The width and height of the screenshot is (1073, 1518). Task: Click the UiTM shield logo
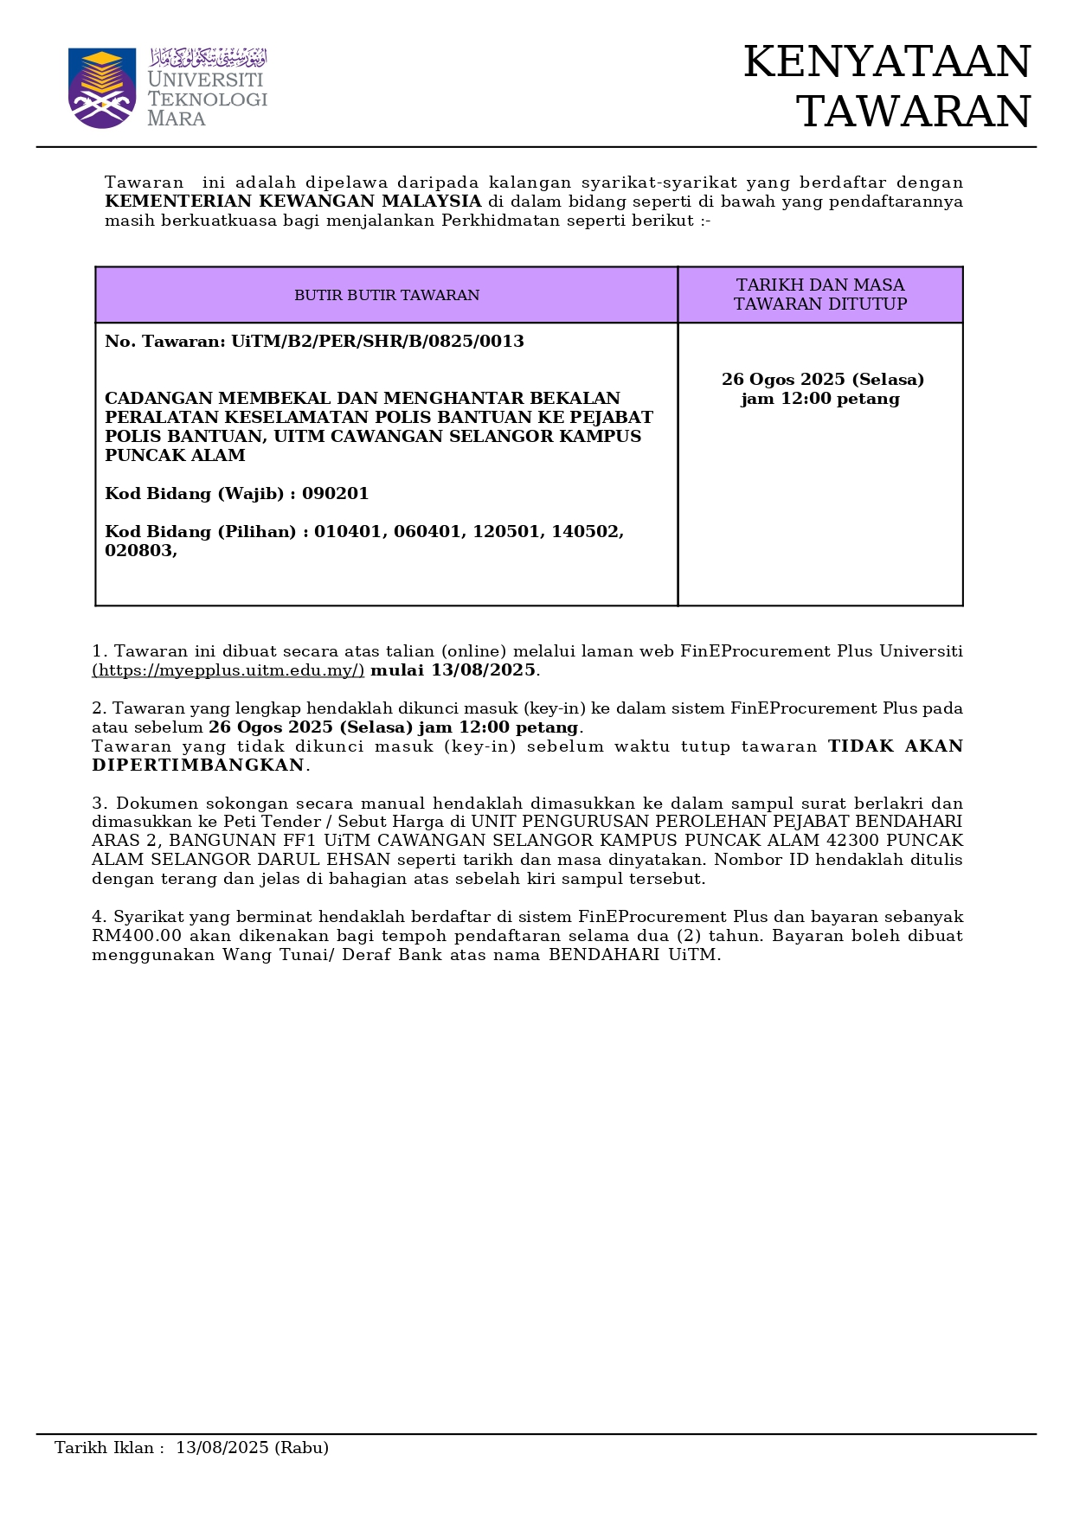102,88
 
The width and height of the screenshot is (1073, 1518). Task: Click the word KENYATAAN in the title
887,62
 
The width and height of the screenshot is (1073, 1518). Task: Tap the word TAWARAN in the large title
913,112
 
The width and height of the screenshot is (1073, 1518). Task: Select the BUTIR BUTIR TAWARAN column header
387,295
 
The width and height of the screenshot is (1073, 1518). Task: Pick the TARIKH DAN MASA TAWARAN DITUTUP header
820,294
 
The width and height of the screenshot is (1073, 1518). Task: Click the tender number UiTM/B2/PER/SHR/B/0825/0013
377,342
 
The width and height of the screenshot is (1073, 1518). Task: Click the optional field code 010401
348,532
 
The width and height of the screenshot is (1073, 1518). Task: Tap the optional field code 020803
138,551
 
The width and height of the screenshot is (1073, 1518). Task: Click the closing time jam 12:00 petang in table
820,399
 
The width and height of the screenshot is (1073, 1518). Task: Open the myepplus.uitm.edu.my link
228,670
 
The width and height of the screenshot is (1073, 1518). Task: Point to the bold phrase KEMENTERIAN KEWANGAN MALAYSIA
292,202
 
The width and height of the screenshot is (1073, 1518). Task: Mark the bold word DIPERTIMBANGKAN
198,765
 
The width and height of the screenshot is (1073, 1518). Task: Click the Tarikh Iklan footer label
105,1448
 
